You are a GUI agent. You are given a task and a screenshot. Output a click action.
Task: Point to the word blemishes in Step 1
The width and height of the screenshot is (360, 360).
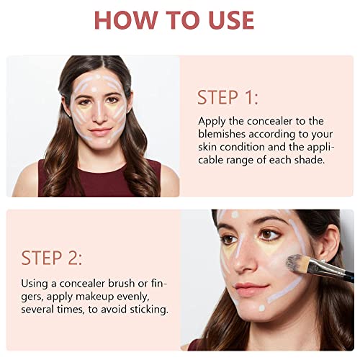(226, 134)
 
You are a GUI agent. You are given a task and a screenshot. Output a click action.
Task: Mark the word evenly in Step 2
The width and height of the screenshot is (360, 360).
(148, 296)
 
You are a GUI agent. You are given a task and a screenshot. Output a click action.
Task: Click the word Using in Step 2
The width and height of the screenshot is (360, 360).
(35, 283)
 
